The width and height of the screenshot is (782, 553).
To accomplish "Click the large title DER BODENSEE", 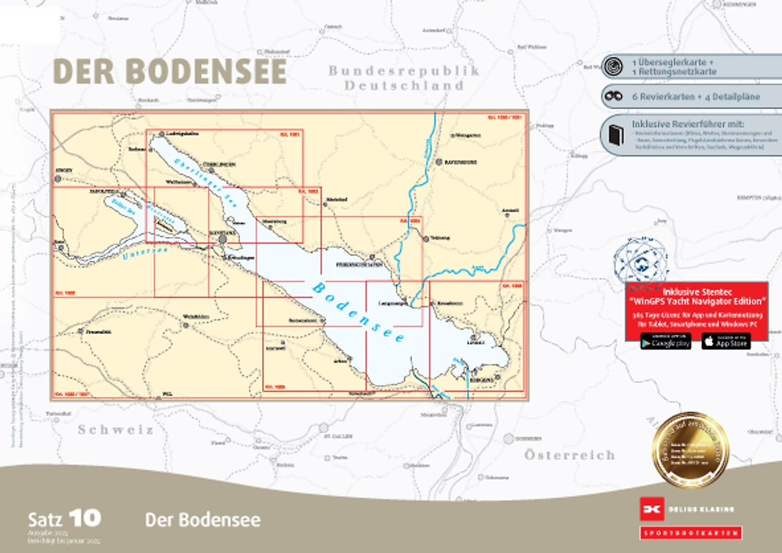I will (169, 71).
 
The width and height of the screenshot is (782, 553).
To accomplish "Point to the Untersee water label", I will (145, 254).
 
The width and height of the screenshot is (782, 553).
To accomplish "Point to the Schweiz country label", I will (115, 429).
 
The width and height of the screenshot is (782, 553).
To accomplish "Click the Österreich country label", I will (569, 455).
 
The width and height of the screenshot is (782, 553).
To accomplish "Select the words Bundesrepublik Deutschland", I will (404, 78).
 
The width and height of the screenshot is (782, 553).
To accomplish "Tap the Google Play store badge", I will (665, 341).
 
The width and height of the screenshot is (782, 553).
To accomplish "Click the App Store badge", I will (725, 341).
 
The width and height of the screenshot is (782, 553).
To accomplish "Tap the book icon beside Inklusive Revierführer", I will (613, 135).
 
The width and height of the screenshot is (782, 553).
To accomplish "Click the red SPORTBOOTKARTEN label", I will (690, 533).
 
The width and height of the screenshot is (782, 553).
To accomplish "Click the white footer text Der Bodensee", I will (203, 520).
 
